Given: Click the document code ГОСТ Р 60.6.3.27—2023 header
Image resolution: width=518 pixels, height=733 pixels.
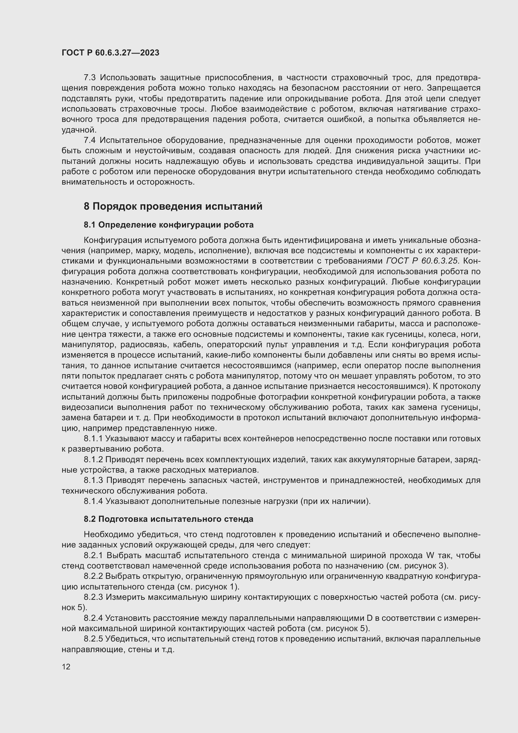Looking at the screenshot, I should tap(110, 53).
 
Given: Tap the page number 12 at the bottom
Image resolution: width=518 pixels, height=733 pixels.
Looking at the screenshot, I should tap(66, 667).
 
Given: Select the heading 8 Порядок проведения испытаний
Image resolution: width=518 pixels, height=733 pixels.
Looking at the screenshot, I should tap(173, 207).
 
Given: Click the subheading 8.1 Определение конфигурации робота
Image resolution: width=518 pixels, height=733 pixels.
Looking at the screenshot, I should tap(168, 225).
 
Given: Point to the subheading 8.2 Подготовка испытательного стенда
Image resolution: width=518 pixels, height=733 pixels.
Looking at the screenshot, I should tap(168, 519).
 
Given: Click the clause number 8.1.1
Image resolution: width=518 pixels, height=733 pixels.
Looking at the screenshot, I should tap(93, 439).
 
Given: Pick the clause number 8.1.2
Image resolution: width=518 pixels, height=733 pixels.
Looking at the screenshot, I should tap(93, 459).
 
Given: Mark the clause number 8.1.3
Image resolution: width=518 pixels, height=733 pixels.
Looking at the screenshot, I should tap(93, 480).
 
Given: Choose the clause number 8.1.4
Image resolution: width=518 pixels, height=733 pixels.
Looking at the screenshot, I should tap(93, 501).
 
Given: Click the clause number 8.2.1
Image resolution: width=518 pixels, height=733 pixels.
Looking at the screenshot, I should tap(93, 556).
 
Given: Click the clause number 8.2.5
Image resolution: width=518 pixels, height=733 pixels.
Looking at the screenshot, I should tap(93, 639).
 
